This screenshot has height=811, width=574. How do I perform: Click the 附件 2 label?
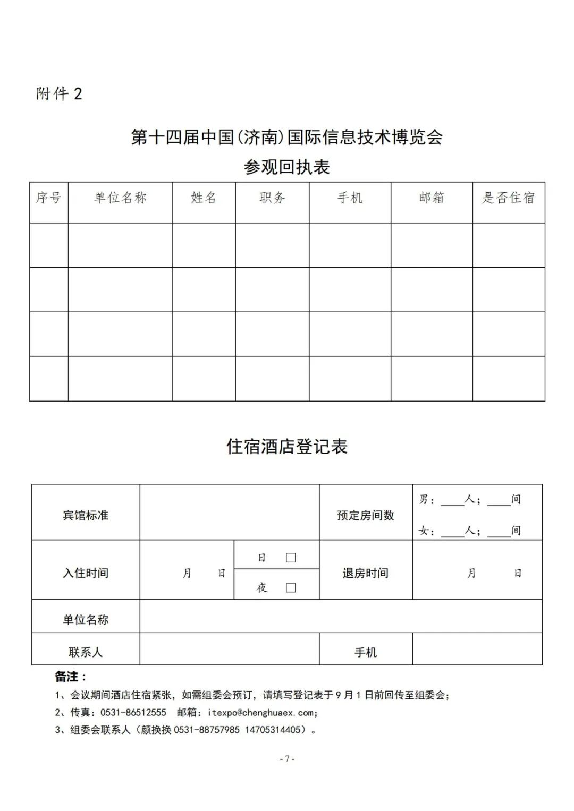59,94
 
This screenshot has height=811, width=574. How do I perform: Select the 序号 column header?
48,198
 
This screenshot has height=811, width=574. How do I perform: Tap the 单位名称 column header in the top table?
120,198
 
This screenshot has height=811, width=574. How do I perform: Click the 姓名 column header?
204,198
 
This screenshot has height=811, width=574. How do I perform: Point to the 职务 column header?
272,198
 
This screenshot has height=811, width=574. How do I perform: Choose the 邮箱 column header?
431,198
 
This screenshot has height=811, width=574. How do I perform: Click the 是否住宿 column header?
508,198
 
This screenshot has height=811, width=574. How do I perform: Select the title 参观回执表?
287,167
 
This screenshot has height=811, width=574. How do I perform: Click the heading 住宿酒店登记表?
287,446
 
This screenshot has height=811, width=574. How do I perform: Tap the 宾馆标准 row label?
86,515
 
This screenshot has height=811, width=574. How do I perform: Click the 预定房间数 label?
366,515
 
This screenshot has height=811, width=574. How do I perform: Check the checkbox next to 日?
291,558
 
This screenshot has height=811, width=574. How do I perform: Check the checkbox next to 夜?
291,587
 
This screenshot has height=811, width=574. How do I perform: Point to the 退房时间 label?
366,573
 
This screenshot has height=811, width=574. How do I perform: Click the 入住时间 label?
86,573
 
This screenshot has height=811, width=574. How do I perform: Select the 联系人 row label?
86,652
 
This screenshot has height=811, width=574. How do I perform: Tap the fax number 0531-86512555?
133,713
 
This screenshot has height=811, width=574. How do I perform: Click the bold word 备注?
67,677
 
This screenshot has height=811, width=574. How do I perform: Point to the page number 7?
287,758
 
